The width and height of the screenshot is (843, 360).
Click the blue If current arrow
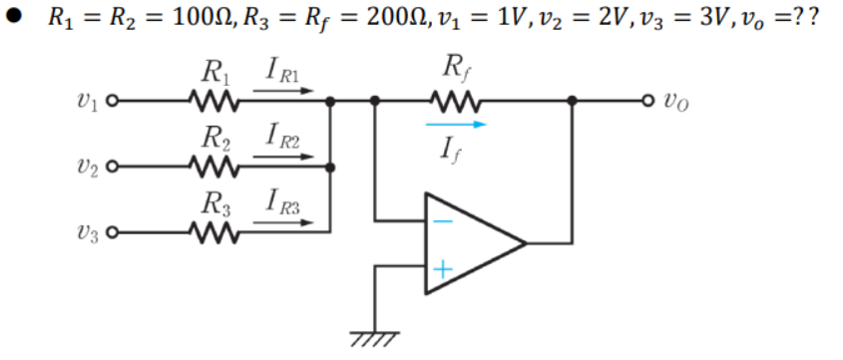pos(455,125)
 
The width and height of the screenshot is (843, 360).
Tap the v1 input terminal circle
pos(113,101)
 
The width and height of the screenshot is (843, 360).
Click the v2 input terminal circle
pos(113,167)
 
